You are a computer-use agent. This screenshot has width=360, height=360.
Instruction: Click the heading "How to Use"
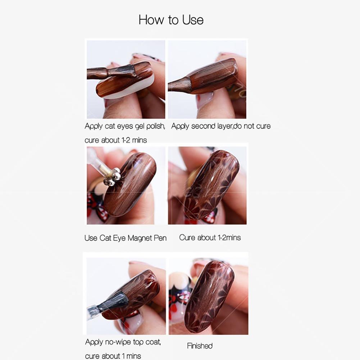(171, 20)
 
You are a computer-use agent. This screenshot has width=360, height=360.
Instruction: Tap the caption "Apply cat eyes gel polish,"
(125, 126)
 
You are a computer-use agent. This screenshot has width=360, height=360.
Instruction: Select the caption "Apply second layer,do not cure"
(221, 126)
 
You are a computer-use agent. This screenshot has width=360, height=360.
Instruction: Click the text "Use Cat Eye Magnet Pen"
(126, 238)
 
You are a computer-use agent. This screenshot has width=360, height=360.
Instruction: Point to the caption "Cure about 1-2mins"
(210, 238)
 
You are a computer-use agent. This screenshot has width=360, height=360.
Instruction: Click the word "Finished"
(200, 346)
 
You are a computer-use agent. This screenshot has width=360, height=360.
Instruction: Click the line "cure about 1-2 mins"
(116, 140)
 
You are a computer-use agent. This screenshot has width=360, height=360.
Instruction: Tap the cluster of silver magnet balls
(112, 177)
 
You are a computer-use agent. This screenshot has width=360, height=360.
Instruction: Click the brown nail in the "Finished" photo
(209, 299)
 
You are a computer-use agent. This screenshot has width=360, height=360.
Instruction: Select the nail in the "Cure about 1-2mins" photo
(211, 183)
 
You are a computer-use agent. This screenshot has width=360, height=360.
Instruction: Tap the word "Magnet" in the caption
(140, 238)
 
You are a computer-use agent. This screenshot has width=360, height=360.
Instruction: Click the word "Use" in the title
(193, 20)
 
